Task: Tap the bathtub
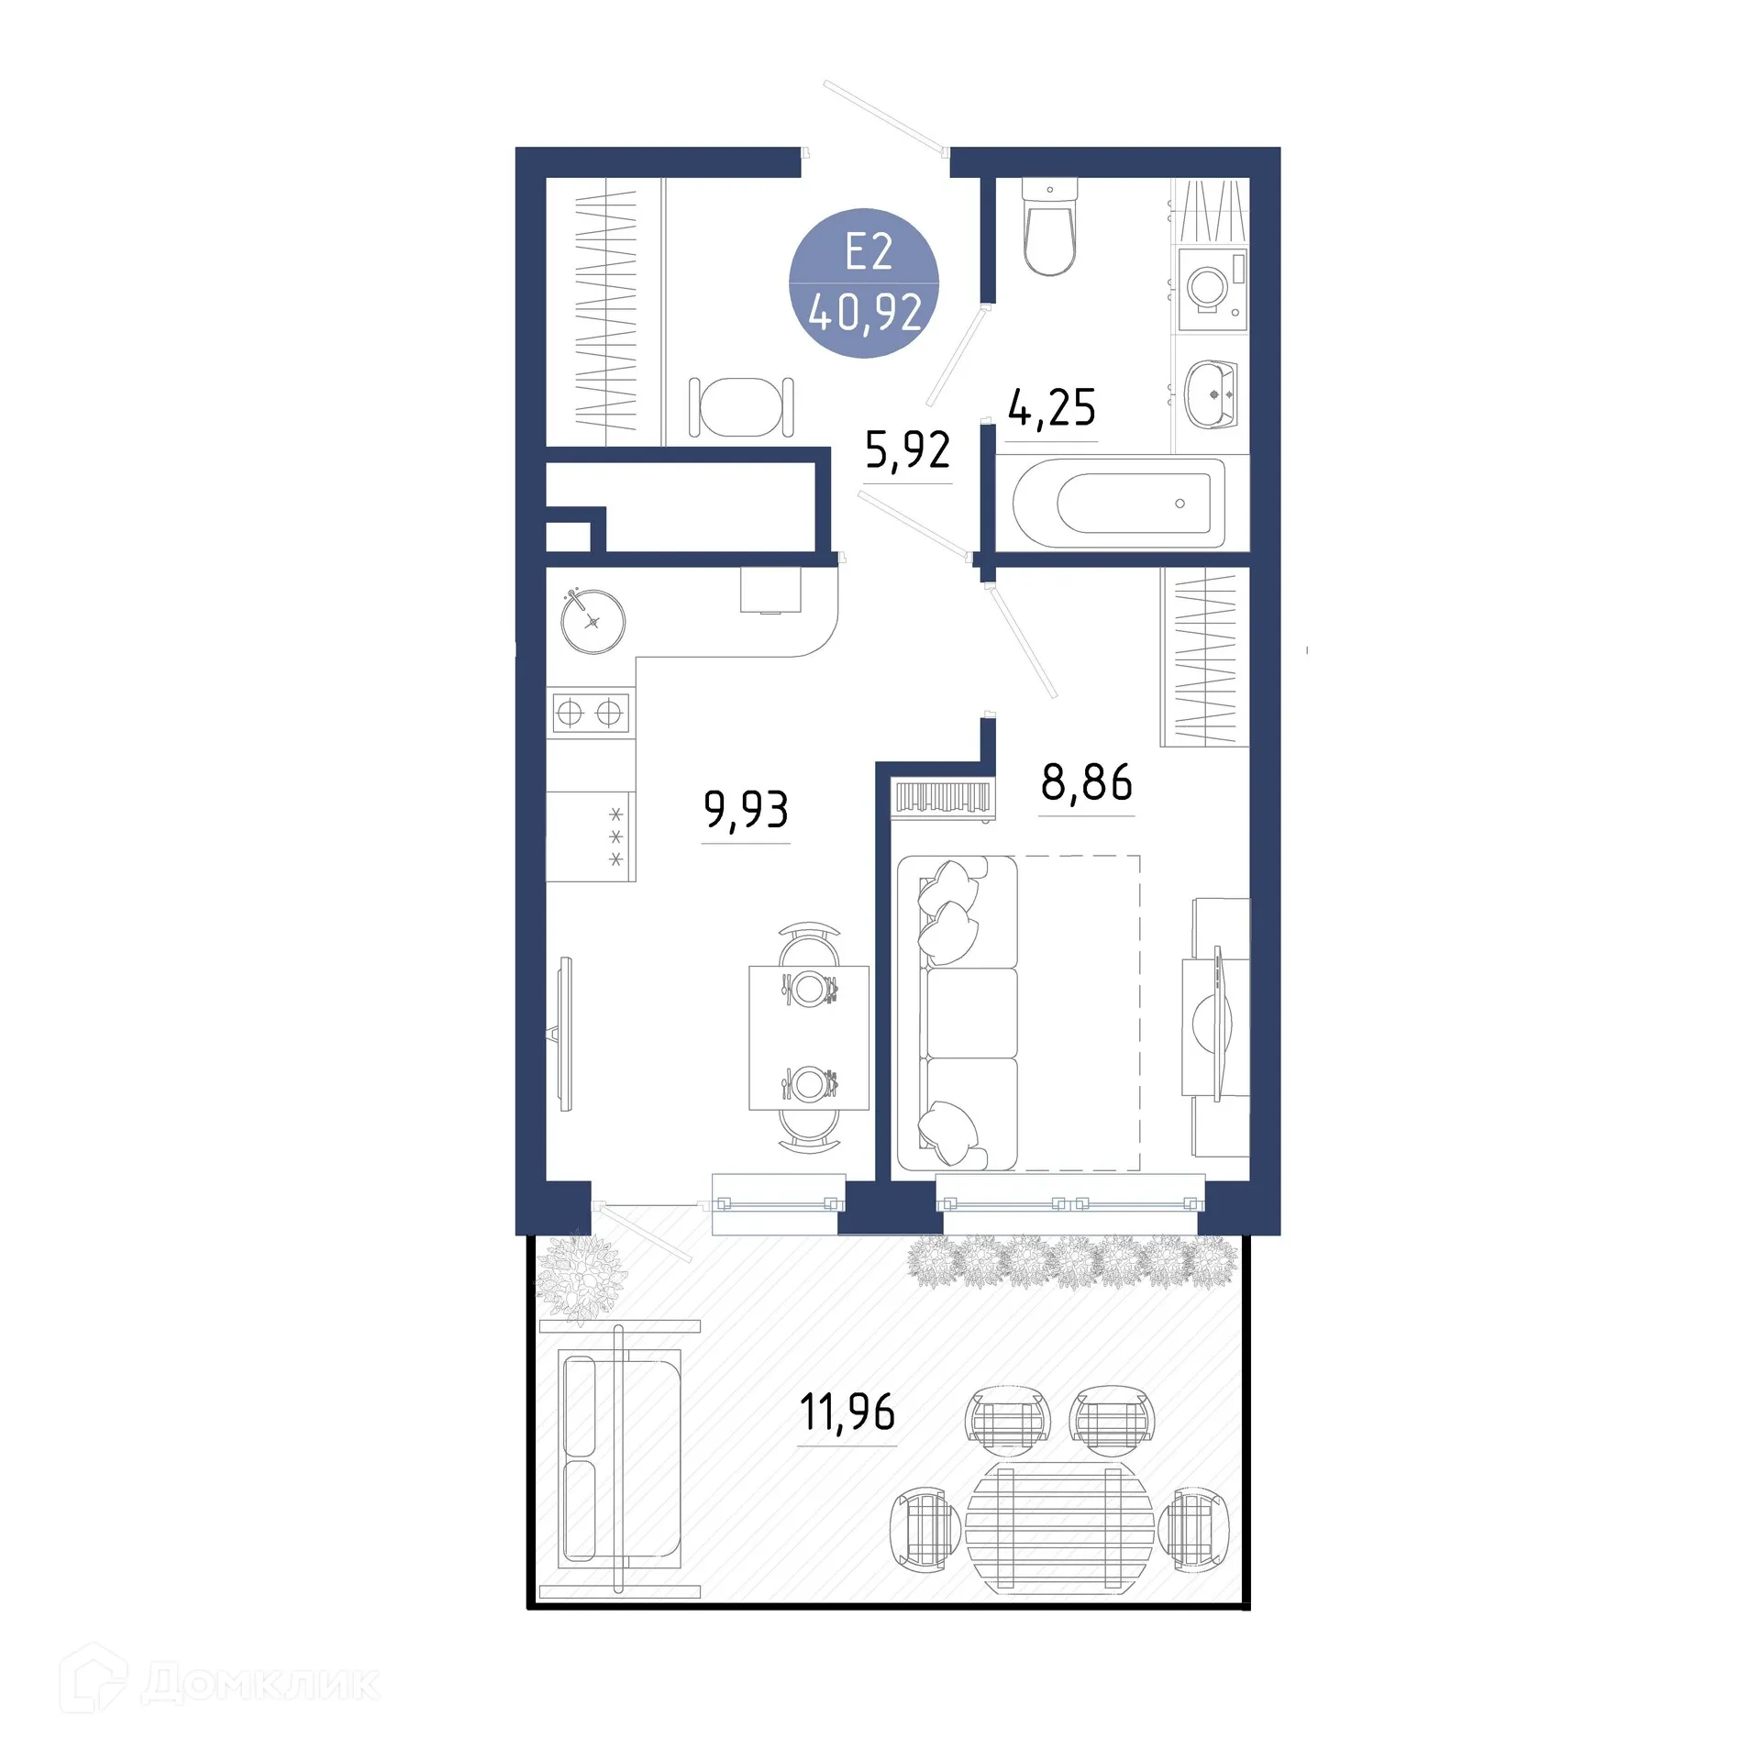1119,503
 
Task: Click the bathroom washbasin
1211,394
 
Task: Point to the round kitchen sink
593,622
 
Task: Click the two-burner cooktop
590,712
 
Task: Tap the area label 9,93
746,810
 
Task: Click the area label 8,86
1087,782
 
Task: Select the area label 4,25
1051,407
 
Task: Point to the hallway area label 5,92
908,450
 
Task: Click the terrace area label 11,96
847,1413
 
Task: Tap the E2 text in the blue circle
868,251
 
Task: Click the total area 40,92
866,313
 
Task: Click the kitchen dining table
809,1037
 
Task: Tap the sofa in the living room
958,1013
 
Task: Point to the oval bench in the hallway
741,407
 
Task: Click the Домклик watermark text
260,1684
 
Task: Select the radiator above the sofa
944,797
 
